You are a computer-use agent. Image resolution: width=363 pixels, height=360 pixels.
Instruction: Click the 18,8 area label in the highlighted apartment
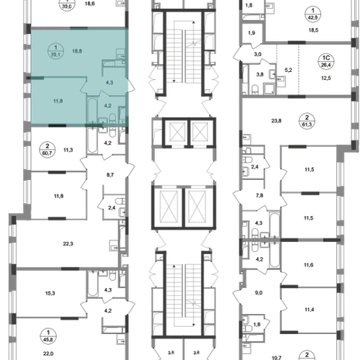click(x=77, y=51)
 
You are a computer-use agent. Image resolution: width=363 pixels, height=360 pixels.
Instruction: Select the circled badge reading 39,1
click(x=55, y=51)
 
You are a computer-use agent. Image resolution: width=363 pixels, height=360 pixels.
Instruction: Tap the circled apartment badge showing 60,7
click(x=48, y=150)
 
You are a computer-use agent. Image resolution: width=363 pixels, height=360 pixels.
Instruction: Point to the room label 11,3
click(x=68, y=150)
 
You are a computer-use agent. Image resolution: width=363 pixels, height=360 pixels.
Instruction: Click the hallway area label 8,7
click(x=110, y=175)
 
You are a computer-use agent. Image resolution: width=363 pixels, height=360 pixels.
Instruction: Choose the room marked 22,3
click(x=68, y=244)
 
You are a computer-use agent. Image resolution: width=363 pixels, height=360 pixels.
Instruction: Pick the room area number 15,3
click(x=50, y=293)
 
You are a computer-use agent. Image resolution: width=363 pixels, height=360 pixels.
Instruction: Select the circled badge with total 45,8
click(x=48, y=336)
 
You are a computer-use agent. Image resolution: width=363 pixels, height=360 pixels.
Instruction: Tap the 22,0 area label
click(x=48, y=354)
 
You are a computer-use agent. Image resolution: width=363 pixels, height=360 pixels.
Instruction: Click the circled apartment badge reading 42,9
click(x=313, y=14)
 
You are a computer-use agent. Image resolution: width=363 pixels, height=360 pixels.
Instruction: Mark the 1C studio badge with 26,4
click(x=326, y=62)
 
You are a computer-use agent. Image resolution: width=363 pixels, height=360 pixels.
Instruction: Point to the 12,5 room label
click(x=326, y=78)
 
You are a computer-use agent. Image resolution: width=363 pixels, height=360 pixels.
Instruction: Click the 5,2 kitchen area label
click(x=288, y=71)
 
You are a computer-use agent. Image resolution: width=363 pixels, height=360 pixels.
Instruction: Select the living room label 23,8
click(x=277, y=121)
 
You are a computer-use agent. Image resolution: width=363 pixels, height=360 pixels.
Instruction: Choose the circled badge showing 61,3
click(x=307, y=121)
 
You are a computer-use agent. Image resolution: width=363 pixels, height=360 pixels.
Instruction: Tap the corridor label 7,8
click(x=259, y=196)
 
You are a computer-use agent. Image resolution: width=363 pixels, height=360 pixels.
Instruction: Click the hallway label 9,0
click(x=259, y=293)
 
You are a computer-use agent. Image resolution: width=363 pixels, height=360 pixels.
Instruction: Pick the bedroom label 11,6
click(x=308, y=265)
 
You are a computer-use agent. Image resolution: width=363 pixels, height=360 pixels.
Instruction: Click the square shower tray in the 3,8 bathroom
click(x=270, y=88)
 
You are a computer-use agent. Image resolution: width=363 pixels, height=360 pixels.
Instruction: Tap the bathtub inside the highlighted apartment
click(x=92, y=109)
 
